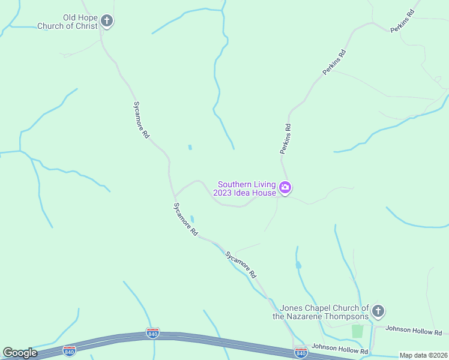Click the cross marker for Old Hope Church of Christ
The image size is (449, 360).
click(x=107, y=22)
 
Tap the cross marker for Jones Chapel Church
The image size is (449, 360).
click(x=378, y=311)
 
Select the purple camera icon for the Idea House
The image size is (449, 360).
click(x=285, y=188)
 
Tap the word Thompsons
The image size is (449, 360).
click(x=347, y=316)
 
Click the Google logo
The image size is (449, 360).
click(x=20, y=353)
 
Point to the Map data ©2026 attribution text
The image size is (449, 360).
click(x=423, y=355)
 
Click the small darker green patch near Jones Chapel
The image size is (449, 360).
click(x=358, y=331)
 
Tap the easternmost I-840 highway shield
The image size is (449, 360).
click(x=301, y=352)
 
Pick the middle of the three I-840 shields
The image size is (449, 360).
click(x=153, y=333)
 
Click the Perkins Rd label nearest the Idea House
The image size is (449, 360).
click(x=286, y=139)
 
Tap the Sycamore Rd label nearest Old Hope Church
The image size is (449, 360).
click(x=140, y=119)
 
